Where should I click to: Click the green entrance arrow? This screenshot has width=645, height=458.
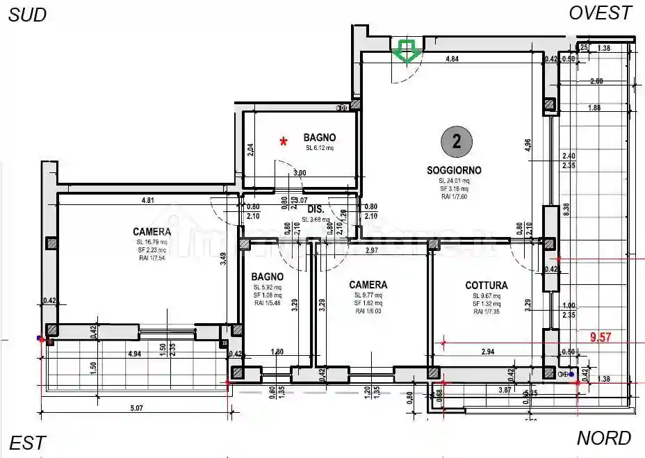(x=405, y=51)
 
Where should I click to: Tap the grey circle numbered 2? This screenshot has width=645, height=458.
(x=456, y=142)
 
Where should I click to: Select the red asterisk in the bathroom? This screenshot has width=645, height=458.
(x=284, y=142)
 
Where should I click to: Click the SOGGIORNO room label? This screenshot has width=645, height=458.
(x=454, y=170)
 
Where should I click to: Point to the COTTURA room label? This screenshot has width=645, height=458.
(x=486, y=285)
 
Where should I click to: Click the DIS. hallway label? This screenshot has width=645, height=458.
(x=316, y=208)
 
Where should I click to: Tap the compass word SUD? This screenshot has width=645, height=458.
(x=27, y=15)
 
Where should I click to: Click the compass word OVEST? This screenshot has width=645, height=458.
(x=601, y=13)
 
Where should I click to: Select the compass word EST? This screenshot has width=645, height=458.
(x=28, y=443)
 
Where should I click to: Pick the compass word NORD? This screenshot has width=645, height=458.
(x=604, y=439)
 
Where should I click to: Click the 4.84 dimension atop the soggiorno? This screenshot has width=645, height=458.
(x=452, y=60)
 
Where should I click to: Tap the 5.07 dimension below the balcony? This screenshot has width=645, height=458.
(x=136, y=409)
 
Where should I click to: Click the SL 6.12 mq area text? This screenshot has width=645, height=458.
(x=320, y=148)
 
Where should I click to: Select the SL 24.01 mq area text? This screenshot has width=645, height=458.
(x=455, y=181)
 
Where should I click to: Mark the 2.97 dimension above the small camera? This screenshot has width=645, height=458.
(x=370, y=250)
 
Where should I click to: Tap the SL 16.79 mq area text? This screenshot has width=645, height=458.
(x=151, y=242)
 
